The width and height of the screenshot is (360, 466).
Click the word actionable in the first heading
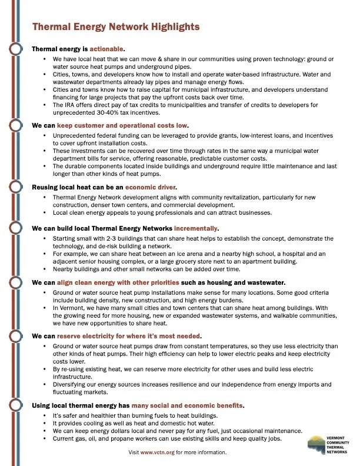coord(108,49)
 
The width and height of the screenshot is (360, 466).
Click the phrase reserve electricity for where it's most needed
coord(132,335)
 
